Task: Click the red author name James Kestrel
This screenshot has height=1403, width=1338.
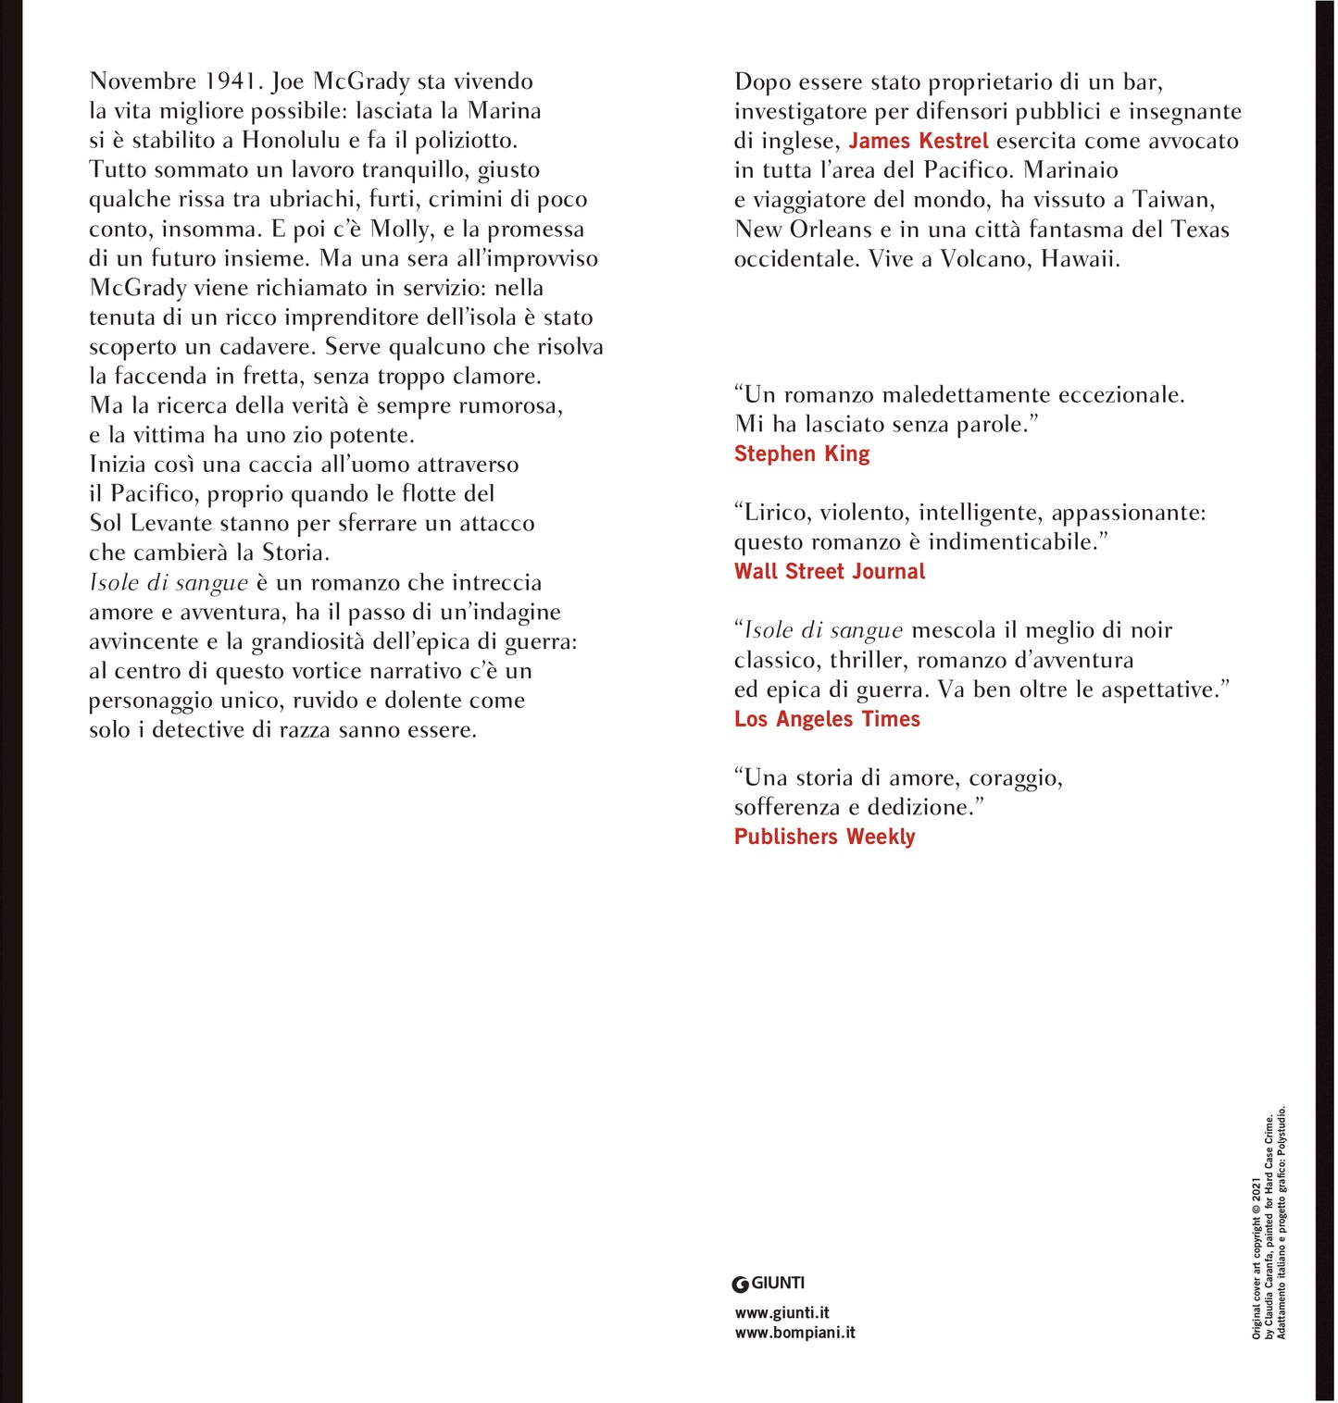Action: pyautogui.click(x=919, y=141)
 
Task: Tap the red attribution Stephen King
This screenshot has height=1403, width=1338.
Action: pyautogui.click(x=802, y=453)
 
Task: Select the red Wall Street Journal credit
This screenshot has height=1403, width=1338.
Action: pyautogui.click(x=830, y=571)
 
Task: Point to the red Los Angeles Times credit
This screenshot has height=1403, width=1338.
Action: pyautogui.click(x=827, y=719)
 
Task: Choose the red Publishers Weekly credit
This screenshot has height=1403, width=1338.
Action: pyautogui.click(x=824, y=837)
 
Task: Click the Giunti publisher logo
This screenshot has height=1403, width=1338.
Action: pyautogui.click(x=769, y=1283)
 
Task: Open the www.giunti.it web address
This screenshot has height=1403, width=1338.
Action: pyautogui.click(x=782, y=1312)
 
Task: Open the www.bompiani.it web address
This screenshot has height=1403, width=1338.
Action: pyautogui.click(x=795, y=1333)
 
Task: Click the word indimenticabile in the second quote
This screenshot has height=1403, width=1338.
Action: pyautogui.click(x=1019, y=542)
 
